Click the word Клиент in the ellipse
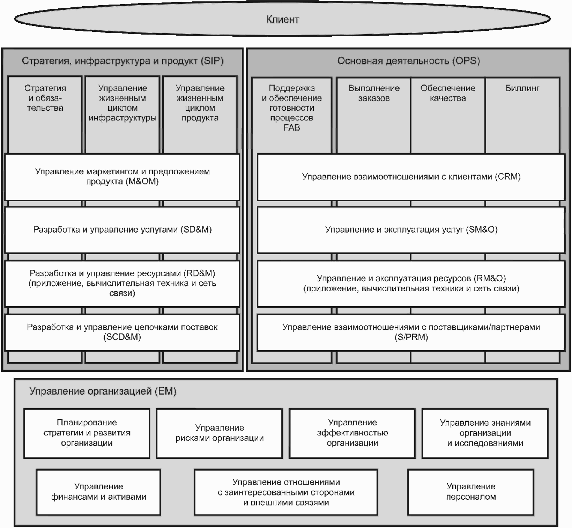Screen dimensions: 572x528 point(282,19)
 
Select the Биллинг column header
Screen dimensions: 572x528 point(522,88)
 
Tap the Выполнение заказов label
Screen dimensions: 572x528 point(374,93)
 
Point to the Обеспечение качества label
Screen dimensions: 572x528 point(448,93)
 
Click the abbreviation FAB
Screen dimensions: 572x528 point(292,128)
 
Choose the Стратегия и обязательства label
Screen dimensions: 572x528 point(45,98)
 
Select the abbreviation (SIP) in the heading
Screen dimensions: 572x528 point(212,61)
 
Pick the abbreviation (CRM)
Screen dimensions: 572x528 point(508,177)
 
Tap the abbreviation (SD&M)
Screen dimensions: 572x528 point(196,230)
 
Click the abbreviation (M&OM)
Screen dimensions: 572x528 point(142,182)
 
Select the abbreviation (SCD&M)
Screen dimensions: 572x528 point(122,337)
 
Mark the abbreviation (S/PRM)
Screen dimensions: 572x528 point(411,337)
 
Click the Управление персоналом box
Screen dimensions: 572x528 point(471,492)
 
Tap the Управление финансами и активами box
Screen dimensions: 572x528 point(99,492)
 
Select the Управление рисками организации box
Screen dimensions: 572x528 point(220,433)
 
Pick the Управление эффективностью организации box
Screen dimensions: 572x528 point(352,433)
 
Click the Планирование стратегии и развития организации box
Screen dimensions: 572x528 point(87,433)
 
